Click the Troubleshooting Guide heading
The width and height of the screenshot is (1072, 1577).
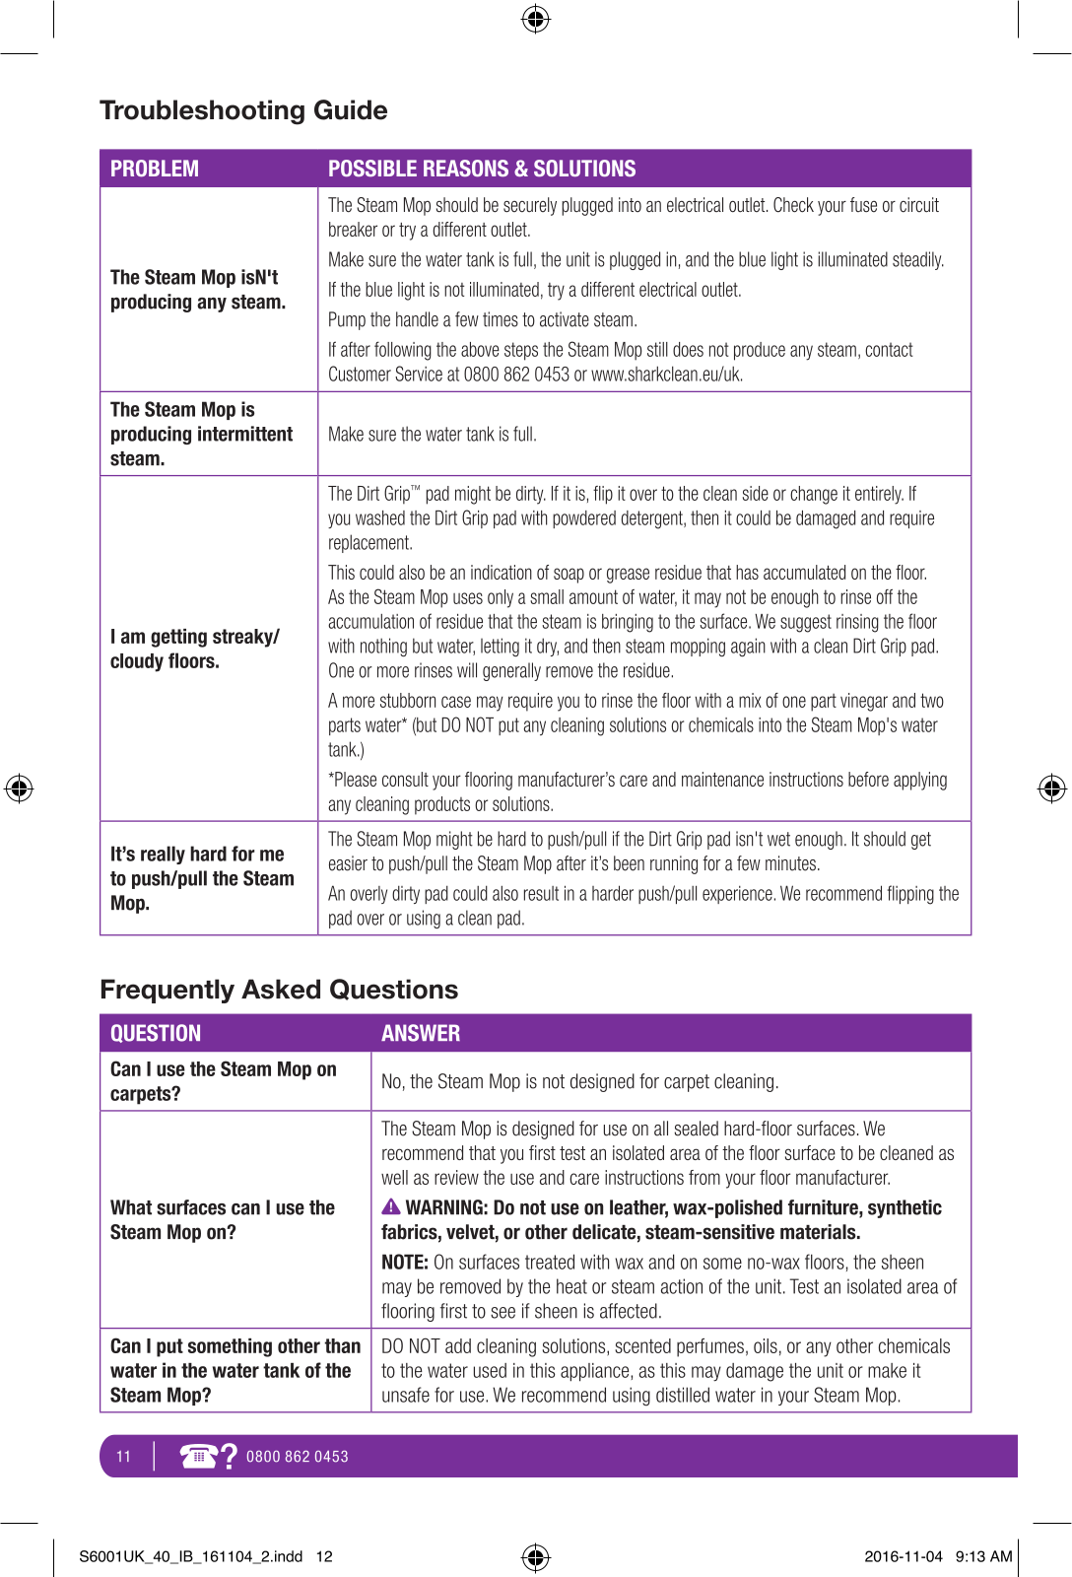coord(243,110)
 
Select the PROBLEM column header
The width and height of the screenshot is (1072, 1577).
coord(155,169)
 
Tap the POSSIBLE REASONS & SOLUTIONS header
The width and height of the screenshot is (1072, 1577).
coord(482,169)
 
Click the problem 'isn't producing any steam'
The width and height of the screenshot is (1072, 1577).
coord(198,290)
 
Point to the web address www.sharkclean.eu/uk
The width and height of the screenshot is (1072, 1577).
coord(667,375)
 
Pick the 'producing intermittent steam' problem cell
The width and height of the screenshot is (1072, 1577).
coord(201,434)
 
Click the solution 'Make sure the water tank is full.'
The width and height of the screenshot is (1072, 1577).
coord(433,435)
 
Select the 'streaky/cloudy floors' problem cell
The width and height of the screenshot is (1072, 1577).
coord(195,649)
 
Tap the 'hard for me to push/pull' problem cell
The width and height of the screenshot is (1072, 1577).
coord(202,878)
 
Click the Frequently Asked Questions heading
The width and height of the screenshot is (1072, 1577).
coord(279,990)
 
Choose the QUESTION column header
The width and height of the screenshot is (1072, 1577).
coord(156,1033)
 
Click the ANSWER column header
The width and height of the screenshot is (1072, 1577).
coord(421,1033)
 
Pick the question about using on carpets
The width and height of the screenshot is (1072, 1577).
coord(224,1081)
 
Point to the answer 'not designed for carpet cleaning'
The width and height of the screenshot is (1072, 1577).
coord(579,1081)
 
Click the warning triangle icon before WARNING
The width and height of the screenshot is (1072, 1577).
coord(391,1207)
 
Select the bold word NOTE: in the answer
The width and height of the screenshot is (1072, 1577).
coord(404,1263)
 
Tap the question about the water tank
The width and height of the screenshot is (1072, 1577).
coord(235,1370)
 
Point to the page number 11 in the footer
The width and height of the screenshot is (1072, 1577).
coord(123,1457)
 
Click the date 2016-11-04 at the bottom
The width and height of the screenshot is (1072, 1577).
coord(903,1556)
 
